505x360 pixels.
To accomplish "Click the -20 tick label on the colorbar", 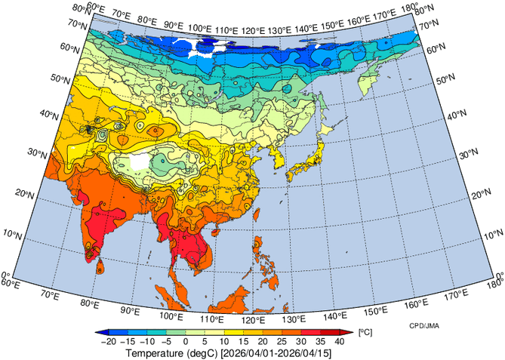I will coord(109,342).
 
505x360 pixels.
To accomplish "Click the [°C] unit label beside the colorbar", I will coord(365,333).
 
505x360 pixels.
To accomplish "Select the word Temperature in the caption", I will coord(155,353).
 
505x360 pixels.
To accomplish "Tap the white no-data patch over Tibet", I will coord(140,162).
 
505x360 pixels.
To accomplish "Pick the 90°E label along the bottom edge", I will coord(130,311).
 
